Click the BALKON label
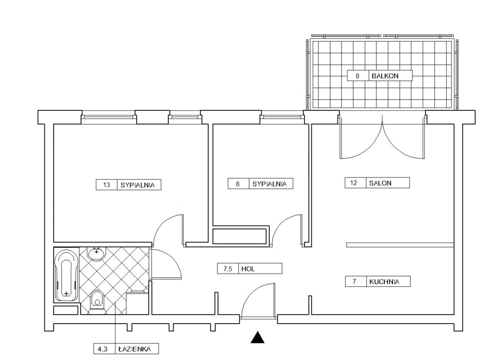coord(385,76)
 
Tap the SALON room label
coord(380,183)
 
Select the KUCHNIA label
coord(384,281)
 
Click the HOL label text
coord(248,269)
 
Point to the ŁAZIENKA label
coord(134,349)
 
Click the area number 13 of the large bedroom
coord(107,185)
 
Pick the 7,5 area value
coord(228,269)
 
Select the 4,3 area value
coord(102,349)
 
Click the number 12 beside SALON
coord(354,183)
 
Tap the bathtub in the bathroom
coord(66,275)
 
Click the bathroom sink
coord(97,254)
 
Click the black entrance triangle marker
coord(258,337)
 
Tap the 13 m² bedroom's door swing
coord(168,230)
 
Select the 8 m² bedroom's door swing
coord(286,230)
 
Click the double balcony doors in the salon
coord(382,137)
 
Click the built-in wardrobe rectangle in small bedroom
coord(240,236)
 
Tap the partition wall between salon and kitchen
coord(400,245)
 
